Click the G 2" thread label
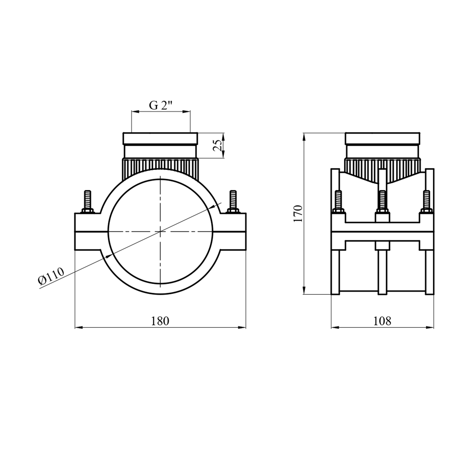pos(161,105)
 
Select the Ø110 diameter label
pos(51,276)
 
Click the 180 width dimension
pos(160,321)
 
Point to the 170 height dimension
pos(298,214)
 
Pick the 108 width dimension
pos(382,321)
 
